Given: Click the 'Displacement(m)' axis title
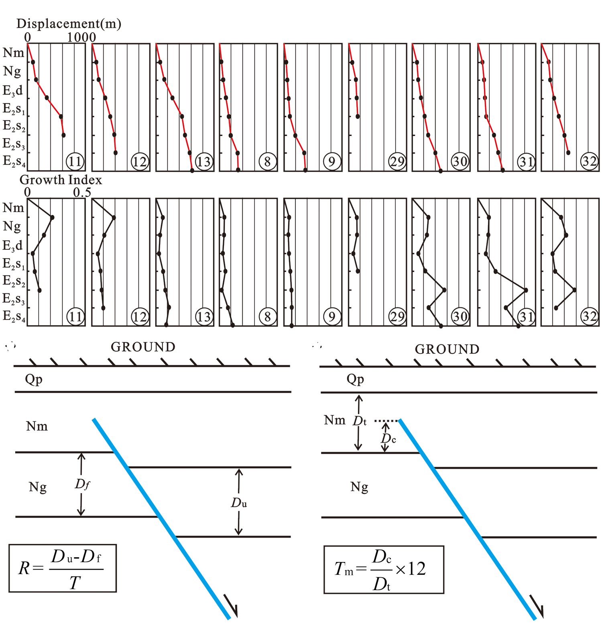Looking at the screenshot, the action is [x=69, y=24].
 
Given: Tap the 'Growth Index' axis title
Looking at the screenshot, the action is [x=61, y=180].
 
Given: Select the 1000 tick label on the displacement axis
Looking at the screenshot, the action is [x=81, y=37].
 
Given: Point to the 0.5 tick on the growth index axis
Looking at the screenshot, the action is [x=82, y=192].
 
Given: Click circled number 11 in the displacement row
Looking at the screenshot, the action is [x=75, y=162].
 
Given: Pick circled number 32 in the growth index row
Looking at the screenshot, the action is [x=590, y=316].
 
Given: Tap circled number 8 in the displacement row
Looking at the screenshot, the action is [x=267, y=162].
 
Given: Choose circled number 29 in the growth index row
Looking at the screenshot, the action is [x=397, y=316].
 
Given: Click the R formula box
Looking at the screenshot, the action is [x=63, y=568].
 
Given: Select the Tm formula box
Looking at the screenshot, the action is [x=384, y=569].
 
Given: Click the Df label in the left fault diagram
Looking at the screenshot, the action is [x=82, y=484].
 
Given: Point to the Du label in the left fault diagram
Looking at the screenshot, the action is [x=239, y=502].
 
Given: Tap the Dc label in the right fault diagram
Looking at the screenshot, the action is [x=388, y=439].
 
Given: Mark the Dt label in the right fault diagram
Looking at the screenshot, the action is [x=360, y=421].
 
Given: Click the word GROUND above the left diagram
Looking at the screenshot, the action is [x=143, y=347].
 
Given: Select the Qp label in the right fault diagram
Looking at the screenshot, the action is [x=355, y=379].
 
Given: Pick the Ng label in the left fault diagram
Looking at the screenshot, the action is [x=38, y=487].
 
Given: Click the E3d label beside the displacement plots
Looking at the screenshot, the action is [x=13, y=91].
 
